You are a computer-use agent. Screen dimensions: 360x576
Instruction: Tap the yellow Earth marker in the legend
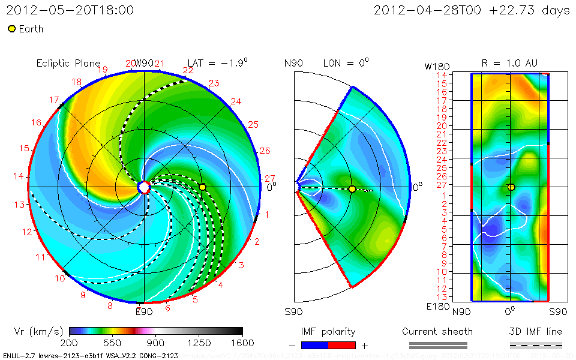pyautogui.click(x=11, y=29)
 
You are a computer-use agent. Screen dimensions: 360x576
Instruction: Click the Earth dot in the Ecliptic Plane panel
pyautogui.click(x=203, y=187)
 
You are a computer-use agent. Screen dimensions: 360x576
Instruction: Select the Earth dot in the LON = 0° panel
pyautogui.click(x=352, y=189)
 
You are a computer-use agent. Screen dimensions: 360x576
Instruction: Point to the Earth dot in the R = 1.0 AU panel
pyautogui.click(x=511, y=187)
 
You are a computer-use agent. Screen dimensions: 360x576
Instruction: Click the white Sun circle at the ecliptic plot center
pyautogui.click(x=143, y=187)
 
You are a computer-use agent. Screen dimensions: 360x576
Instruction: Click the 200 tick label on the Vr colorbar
pyautogui.click(x=70, y=343)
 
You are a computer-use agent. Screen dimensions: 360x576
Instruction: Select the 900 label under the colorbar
pyautogui.click(x=156, y=343)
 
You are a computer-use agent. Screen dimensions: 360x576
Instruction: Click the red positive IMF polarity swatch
pyautogui.click(x=342, y=345)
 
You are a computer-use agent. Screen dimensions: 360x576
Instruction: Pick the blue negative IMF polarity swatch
pyautogui.click(x=314, y=345)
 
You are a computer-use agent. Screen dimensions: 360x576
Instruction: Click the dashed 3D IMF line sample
pyautogui.click(x=536, y=345)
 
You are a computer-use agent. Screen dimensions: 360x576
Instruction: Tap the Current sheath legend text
pyautogui.click(x=437, y=331)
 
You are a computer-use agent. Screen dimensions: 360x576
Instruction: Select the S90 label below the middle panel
pyautogui.click(x=293, y=312)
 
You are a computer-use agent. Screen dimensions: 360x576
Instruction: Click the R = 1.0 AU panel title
pyautogui.click(x=510, y=63)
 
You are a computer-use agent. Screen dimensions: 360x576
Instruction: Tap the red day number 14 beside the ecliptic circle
pyautogui.click(x=19, y=176)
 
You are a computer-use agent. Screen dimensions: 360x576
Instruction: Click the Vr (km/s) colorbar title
pyautogui.click(x=38, y=331)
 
